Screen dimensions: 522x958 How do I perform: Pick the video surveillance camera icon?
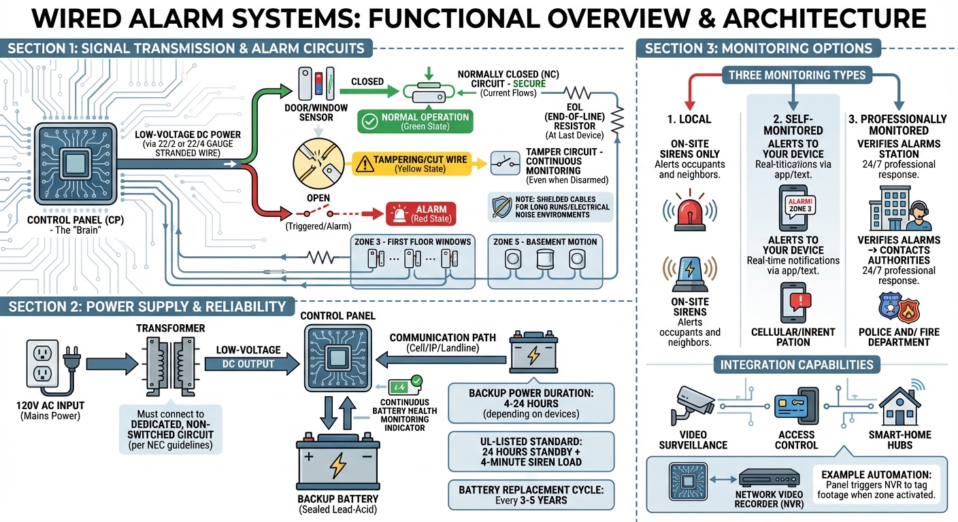click(693, 404)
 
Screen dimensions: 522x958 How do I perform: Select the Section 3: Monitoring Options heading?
click(758, 48)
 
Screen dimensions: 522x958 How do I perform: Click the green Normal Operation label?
click(415, 121)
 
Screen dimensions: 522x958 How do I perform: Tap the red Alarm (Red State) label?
click(420, 213)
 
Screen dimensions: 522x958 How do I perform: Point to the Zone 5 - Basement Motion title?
click(545, 241)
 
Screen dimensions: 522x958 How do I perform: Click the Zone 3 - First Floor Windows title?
click(412, 241)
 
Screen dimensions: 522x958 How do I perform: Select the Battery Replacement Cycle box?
click(531, 495)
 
